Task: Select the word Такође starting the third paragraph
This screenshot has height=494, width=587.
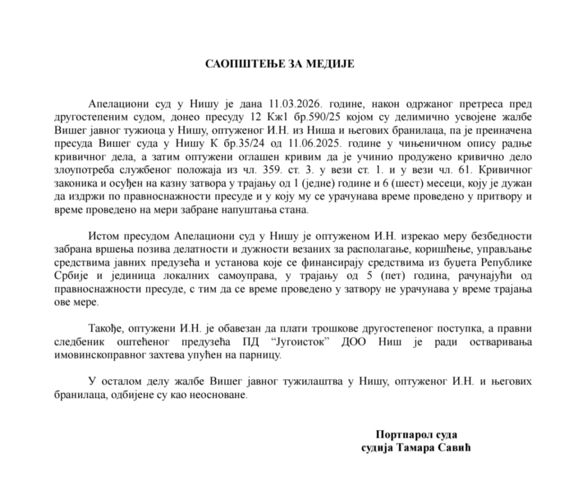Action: pyautogui.click(x=105, y=329)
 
